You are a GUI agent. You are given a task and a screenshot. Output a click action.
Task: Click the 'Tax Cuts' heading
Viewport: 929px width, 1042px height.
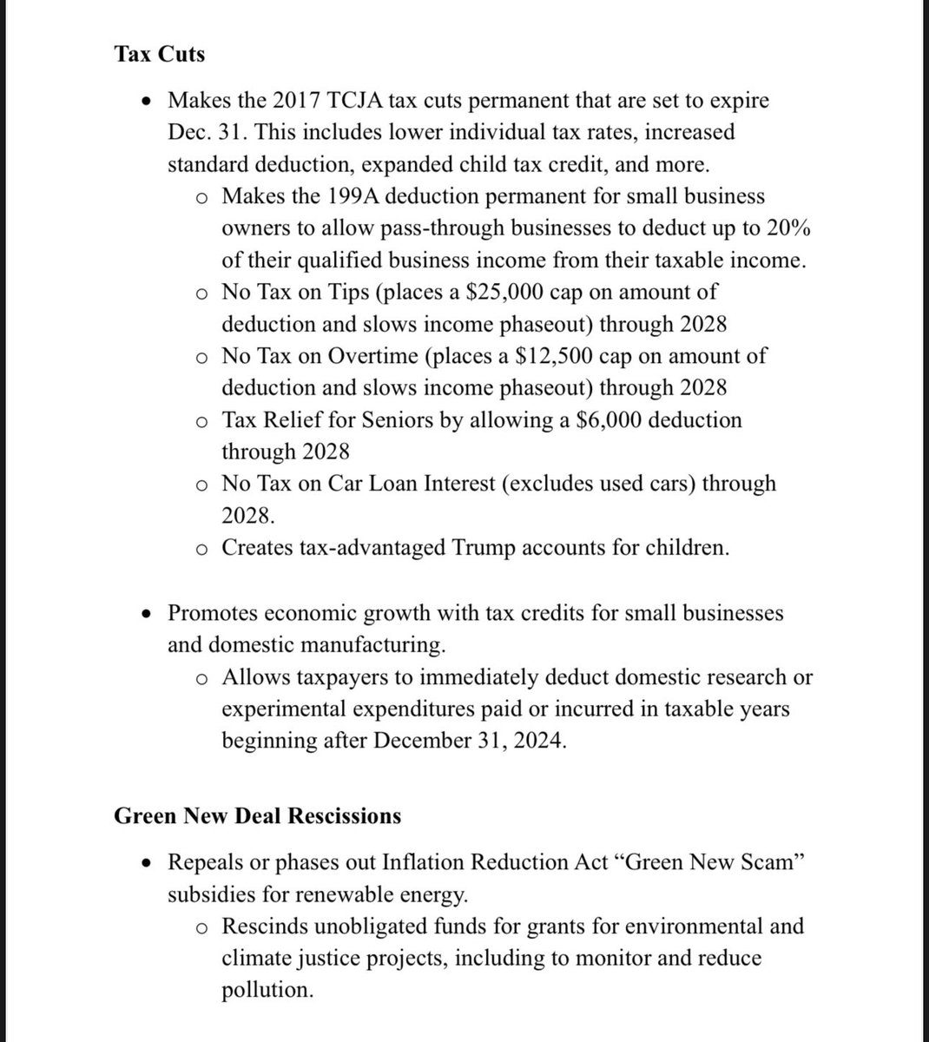point(160,54)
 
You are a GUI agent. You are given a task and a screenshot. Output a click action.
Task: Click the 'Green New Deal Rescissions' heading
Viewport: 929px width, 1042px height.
point(258,816)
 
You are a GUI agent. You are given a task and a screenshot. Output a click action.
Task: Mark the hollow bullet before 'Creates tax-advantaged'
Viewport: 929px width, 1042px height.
point(201,549)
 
